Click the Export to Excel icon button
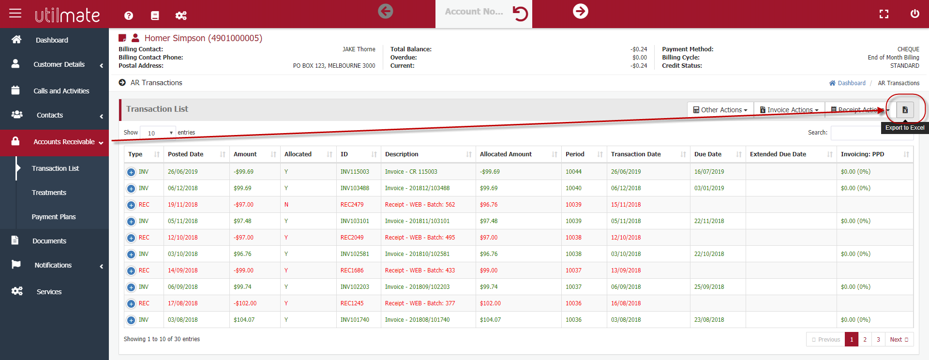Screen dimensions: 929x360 pos(905,110)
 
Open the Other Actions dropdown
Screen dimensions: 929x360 pos(720,110)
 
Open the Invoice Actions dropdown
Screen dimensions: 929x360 pos(789,110)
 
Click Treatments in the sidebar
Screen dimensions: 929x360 pos(49,193)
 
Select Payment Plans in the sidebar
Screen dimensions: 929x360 pos(54,217)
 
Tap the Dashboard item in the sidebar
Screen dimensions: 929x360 pos(52,40)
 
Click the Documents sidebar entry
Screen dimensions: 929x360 pos(49,241)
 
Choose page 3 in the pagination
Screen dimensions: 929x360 pos(878,339)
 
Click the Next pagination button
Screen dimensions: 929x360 pos(899,339)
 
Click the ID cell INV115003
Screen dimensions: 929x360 pos(355,172)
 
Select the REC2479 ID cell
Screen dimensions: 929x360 pos(352,205)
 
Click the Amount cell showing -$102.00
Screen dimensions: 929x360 pos(245,303)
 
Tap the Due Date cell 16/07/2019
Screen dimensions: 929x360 pos(709,172)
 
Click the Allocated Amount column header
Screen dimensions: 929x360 pos(506,154)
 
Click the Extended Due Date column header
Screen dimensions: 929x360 pos(778,154)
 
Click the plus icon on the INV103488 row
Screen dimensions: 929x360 pos(131,189)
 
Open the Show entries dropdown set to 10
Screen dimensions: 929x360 pos(158,133)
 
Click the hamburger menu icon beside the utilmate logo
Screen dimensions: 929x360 pos(15,13)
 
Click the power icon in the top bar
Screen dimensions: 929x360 pos(914,14)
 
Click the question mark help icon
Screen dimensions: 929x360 pos(129,15)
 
